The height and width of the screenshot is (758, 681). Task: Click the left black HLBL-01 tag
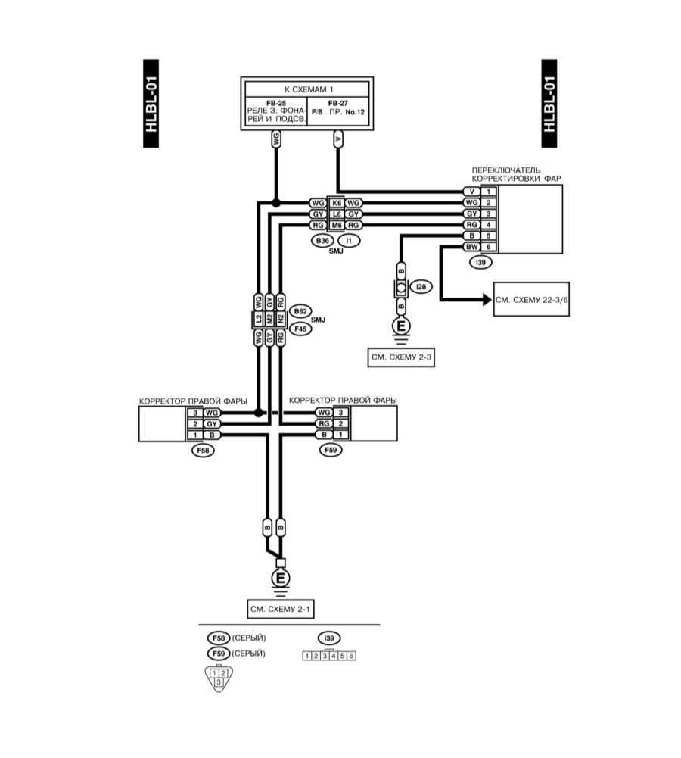pos(152,104)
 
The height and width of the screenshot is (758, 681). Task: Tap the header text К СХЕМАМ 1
pos(307,89)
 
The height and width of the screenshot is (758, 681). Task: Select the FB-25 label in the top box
pos(275,102)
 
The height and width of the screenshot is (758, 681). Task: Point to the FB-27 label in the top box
pos(340,102)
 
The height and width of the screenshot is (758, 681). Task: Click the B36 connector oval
pos(322,241)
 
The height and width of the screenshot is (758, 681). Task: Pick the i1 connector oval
pos(349,241)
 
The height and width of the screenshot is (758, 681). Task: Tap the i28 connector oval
pos(421,286)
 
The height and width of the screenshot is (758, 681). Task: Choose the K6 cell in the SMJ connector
pos(336,203)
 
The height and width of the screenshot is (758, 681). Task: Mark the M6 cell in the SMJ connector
pos(336,225)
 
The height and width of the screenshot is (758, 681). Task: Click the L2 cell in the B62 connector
pos(259,320)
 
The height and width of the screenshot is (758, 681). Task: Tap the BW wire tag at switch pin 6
pos(471,247)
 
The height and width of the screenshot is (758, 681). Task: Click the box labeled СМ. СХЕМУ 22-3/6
pos(531,300)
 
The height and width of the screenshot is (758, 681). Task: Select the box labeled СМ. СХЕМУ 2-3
pos(401,358)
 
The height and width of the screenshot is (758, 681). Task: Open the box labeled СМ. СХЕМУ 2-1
pos(280,608)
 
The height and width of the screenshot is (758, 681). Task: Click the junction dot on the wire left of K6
pos(276,203)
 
